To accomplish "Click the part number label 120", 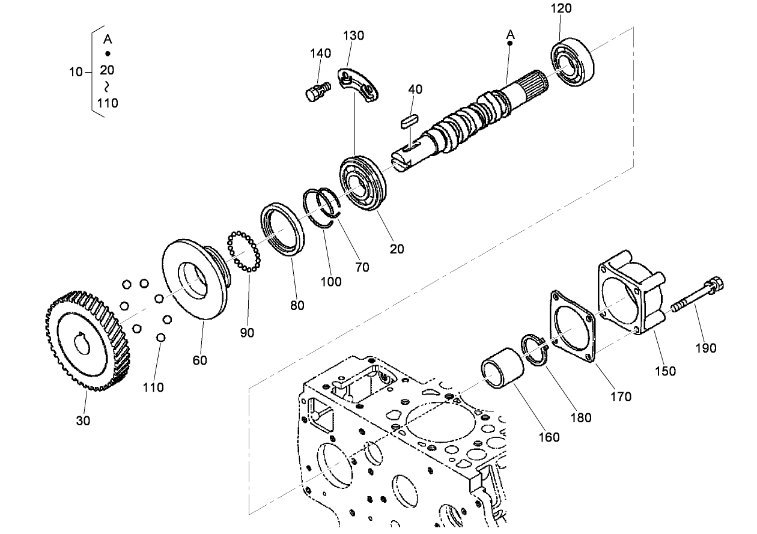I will pyautogui.click(x=561, y=8).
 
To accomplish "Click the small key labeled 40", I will pyautogui.click(x=409, y=120).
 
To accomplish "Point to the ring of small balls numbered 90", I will pyautogui.click(x=243, y=250).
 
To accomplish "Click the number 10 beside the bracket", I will pyautogui.click(x=75, y=72).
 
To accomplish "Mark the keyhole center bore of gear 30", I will pyautogui.click(x=82, y=345).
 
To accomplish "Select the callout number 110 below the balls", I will pyautogui.click(x=153, y=387).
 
